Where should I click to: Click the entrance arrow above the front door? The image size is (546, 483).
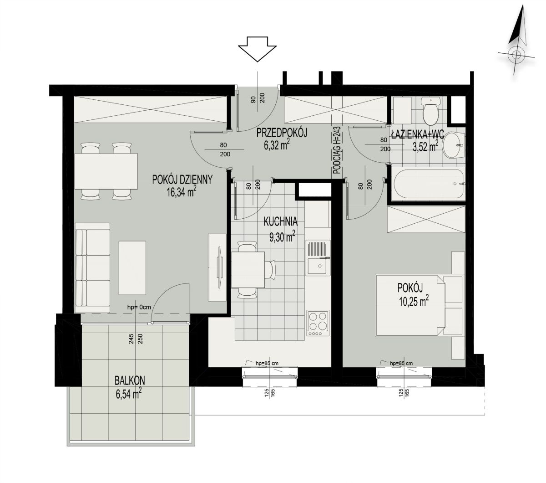pos(257,49)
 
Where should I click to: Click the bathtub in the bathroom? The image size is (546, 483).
pos(428,184)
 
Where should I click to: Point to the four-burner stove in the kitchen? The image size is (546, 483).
pos(318,323)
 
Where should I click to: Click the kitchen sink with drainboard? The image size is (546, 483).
pos(318,257)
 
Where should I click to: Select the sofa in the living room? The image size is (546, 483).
pos(92,267)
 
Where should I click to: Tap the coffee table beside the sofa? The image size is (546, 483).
pos(132,268)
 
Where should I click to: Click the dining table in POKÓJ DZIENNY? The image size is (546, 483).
pos(106,171)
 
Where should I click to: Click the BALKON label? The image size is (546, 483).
pos(130,380)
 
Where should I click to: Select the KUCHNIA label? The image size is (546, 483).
pos(280,221)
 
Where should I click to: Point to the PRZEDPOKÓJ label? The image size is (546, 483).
pos(282,133)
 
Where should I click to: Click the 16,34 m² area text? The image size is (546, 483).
pos(181,192)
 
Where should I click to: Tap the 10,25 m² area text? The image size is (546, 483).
pos(414,301)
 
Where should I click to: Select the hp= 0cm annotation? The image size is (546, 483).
pos(139,307)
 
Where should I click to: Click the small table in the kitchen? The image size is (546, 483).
pos(248,270)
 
